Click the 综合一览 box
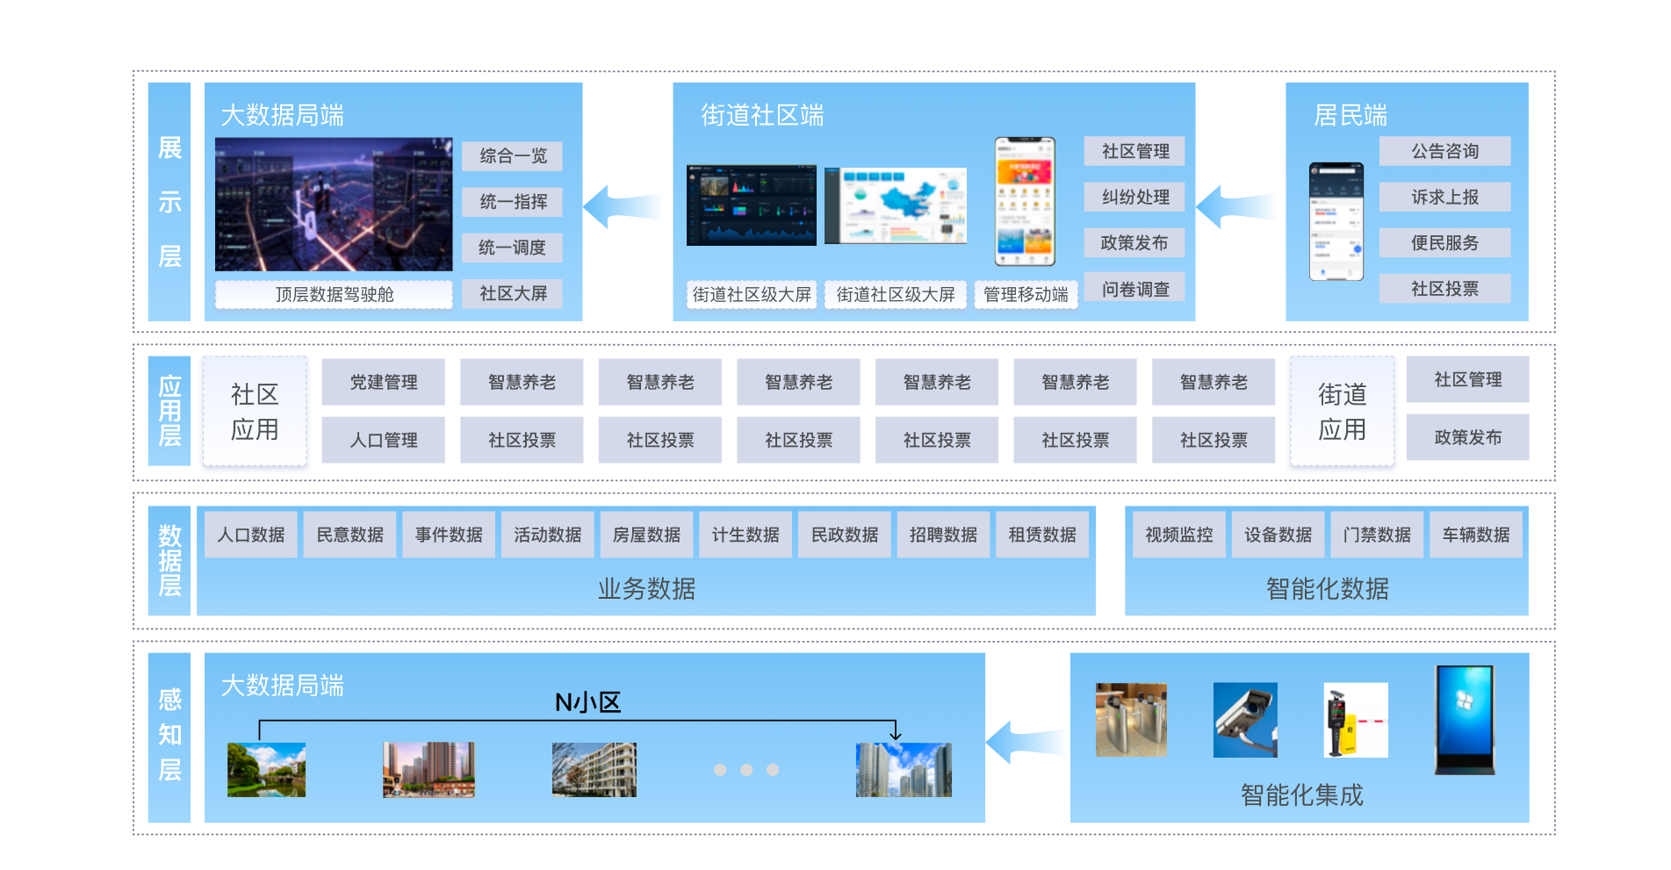click(x=513, y=156)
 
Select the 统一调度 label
click(x=513, y=248)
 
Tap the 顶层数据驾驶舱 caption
click(x=334, y=294)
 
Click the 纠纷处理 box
click(x=1134, y=197)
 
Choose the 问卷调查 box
click(x=1134, y=289)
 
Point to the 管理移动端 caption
click(x=1026, y=294)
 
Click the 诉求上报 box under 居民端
click(x=1444, y=198)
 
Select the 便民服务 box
click(x=1444, y=243)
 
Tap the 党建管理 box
click(x=384, y=382)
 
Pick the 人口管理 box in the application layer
click(x=384, y=440)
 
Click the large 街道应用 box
click(x=1342, y=413)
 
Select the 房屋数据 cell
click(x=646, y=535)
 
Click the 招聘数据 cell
click(x=943, y=535)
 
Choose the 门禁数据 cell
click(x=1377, y=535)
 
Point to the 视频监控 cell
click(x=1178, y=535)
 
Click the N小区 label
click(x=587, y=702)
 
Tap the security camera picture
click(x=1245, y=720)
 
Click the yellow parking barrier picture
click(x=1355, y=720)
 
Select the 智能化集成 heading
click(x=1301, y=795)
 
